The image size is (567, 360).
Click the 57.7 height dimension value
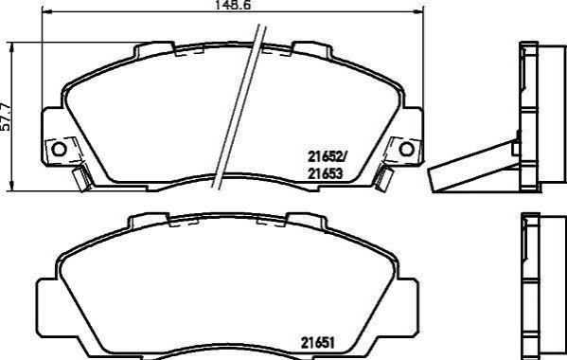(6, 117)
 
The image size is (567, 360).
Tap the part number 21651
(317, 342)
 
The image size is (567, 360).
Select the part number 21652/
(327, 156)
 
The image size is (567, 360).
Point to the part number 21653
(325, 174)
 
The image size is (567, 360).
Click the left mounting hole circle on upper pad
(59, 149)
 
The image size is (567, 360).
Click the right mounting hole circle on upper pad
(406, 149)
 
